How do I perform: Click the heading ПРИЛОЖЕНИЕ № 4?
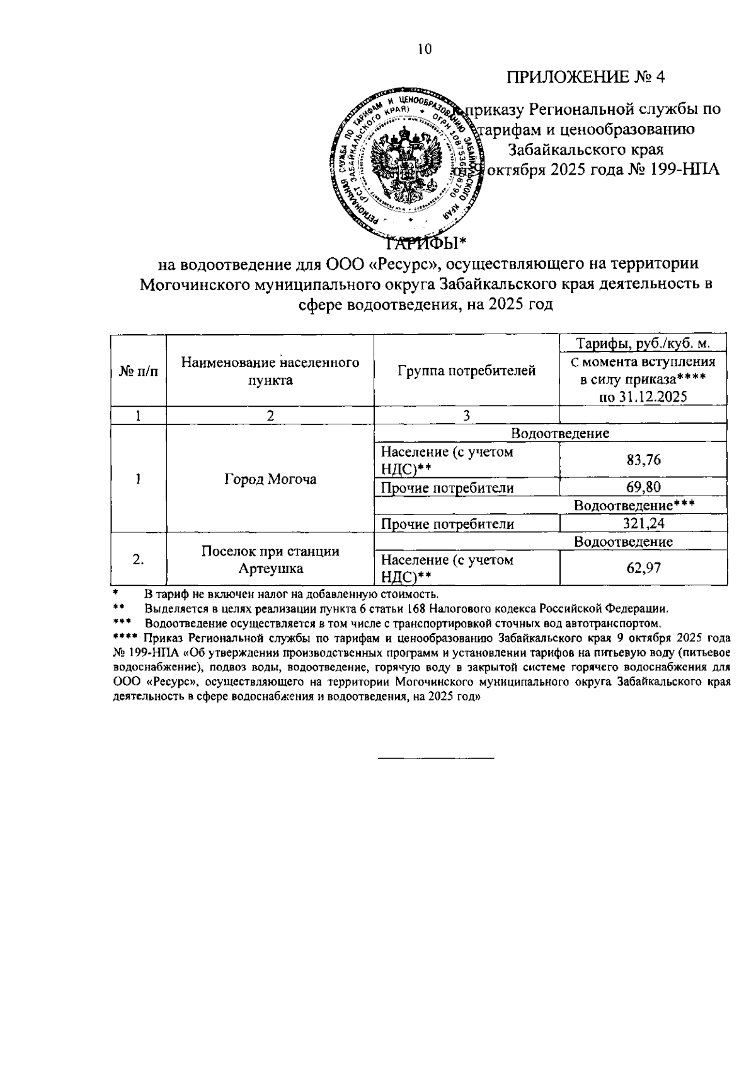click(x=586, y=77)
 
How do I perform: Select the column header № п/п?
click(x=138, y=371)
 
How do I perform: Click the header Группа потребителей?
click(x=466, y=371)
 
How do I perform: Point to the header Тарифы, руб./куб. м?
click(x=643, y=344)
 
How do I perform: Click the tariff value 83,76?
click(x=643, y=460)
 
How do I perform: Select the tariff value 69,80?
click(x=643, y=487)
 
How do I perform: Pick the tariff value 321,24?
click(x=643, y=524)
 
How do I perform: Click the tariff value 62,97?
click(x=643, y=568)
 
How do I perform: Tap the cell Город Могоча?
click(x=270, y=479)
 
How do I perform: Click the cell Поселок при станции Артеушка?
click(x=270, y=560)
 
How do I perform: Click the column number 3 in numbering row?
click(x=466, y=416)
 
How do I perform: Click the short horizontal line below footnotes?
click(x=436, y=758)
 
